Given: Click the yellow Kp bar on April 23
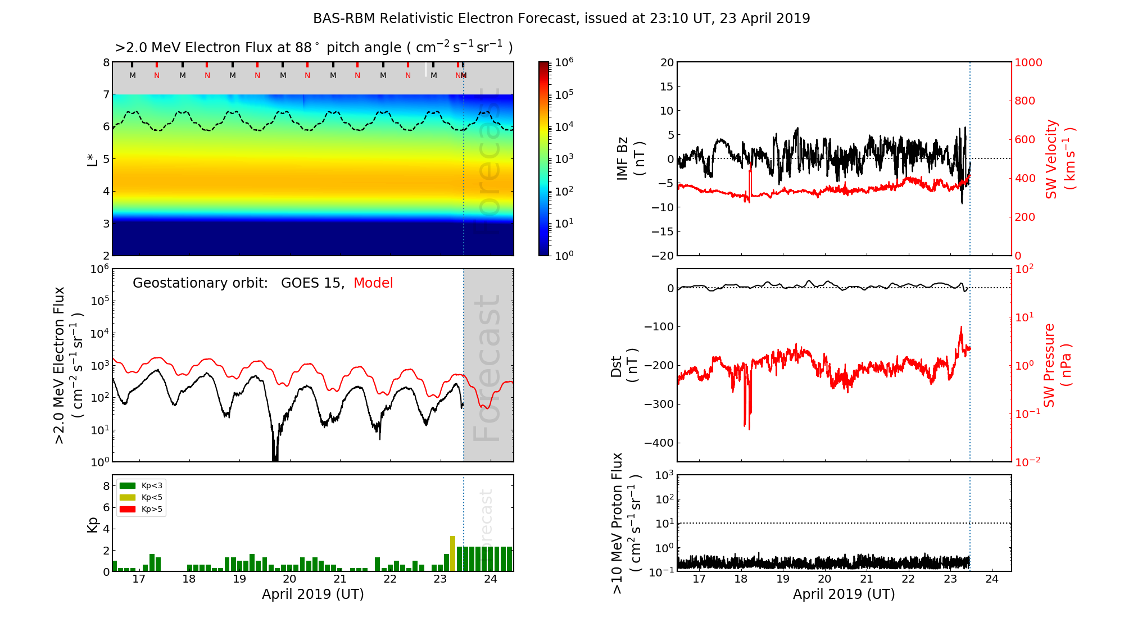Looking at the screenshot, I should (x=452, y=554).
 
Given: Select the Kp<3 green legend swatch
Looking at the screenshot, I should (x=128, y=485).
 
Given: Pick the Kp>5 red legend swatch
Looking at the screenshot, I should (x=128, y=510).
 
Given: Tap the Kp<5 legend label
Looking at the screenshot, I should (x=152, y=498).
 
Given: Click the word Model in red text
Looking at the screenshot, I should (x=373, y=283).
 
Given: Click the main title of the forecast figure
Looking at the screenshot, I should (x=561, y=19).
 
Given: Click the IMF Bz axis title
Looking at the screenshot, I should (x=630, y=159).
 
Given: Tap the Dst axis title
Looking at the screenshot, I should (x=623, y=366).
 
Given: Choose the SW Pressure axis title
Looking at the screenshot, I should (x=1057, y=366).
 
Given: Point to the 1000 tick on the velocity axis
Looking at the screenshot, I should (x=1028, y=62).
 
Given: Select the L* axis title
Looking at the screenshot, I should (x=93, y=159).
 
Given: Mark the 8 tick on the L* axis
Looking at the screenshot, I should (x=106, y=62).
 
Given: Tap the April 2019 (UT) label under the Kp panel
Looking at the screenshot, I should (x=312, y=594).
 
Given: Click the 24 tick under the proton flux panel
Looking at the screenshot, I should (x=992, y=579).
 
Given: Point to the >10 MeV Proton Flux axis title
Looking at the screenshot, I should (x=626, y=523).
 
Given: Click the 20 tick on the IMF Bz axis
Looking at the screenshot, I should (x=667, y=62).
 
